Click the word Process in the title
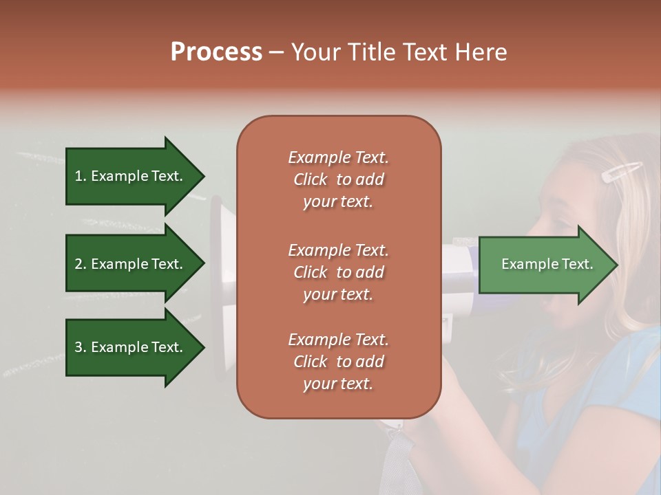tap(216, 52)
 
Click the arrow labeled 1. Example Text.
tap(131, 176)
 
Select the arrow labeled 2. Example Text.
tap(131, 264)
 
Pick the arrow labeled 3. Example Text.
tap(131, 347)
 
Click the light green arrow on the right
tap(544, 265)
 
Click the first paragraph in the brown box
tap(338, 179)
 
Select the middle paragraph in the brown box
tap(338, 272)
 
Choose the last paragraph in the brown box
tap(338, 362)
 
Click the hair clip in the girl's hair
tap(622, 172)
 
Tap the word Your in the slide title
tap(315, 52)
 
